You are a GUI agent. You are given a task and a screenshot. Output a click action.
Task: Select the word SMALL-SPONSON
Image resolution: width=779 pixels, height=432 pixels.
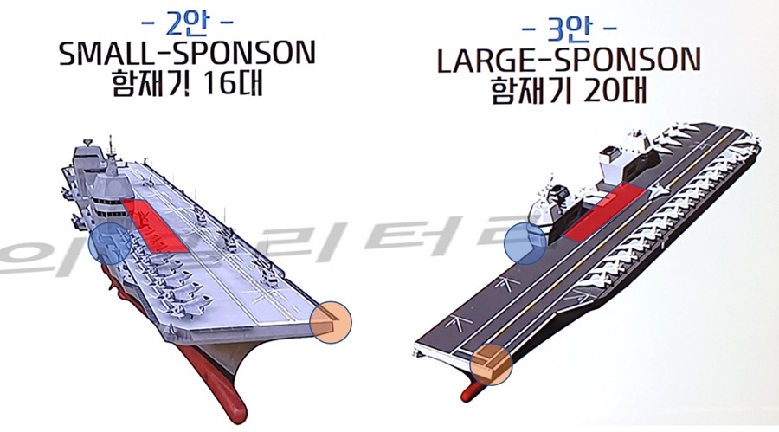tap(187, 56)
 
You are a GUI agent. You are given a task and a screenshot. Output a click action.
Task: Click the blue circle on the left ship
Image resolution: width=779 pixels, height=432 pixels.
tap(110, 244)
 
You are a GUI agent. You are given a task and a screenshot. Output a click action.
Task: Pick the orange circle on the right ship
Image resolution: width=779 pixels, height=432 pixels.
tap(492, 365)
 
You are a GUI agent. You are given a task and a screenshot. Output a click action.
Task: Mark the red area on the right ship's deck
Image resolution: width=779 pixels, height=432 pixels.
tap(602, 212)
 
